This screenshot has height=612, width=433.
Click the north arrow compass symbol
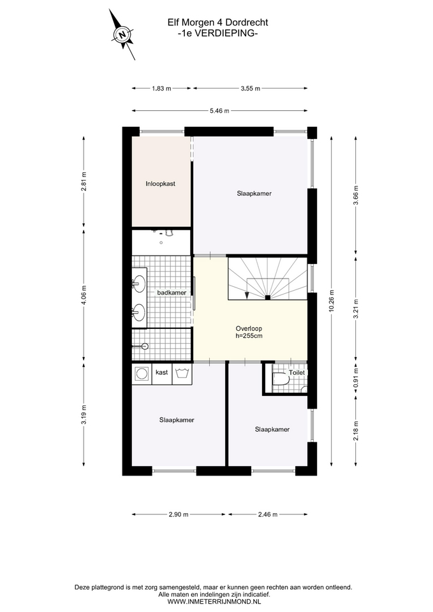[122, 34]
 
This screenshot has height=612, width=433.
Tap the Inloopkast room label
[161, 184]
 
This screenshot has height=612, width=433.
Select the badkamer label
[172, 293]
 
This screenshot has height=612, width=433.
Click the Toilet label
[297, 373]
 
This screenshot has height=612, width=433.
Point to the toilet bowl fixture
[279, 379]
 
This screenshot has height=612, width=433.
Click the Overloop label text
[249, 328]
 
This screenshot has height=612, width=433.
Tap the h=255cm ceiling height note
[249, 336]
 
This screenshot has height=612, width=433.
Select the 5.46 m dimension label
[219, 110]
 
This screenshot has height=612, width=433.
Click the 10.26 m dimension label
[332, 301]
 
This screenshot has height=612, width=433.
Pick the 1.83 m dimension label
[161, 88]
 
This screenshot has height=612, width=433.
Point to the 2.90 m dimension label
[179, 514]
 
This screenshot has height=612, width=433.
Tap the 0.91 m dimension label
[355, 379]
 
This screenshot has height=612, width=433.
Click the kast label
[161, 372]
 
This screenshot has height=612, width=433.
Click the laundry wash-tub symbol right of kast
[182, 373]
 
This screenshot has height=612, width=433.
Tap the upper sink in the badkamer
[138, 282]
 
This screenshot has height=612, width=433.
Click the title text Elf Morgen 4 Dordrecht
[218, 23]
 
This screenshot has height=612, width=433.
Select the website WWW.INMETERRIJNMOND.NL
[214, 602]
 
